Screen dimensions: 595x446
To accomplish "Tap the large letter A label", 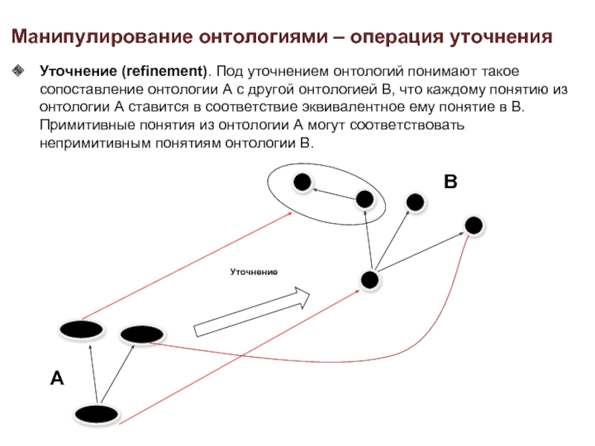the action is (x=57, y=378).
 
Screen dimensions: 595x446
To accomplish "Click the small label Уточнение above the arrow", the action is (x=253, y=273).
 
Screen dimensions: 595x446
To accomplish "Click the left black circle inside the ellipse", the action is (x=301, y=182).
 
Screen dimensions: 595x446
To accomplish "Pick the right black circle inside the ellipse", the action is (x=364, y=198).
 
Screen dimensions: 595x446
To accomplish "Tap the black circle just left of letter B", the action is (x=415, y=201).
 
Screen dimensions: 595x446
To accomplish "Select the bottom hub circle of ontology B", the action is (x=370, y=279).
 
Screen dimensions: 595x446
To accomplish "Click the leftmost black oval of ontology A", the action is (x=81, y=329).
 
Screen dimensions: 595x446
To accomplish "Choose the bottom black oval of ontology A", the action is (x=96, y=413).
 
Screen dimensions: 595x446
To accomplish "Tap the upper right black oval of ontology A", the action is (x=138, y=334).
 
